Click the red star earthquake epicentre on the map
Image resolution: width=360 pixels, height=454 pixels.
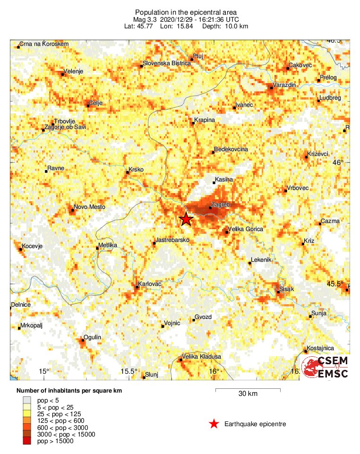point(186,219)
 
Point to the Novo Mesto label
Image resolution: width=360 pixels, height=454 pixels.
point(90,207)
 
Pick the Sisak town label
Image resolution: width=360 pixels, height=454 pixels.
point(287,288)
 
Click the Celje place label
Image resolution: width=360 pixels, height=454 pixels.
point(96,103)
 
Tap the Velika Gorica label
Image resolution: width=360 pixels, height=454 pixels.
point(246,229)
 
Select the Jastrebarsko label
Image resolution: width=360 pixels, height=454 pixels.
point(173,240)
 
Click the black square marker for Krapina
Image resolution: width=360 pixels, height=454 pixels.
point(194,123)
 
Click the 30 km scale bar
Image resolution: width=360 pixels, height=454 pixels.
point(248,390)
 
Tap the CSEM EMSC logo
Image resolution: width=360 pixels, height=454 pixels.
point(326,368)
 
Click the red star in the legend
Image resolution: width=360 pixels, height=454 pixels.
point(214,424)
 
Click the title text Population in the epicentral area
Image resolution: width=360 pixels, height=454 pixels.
point(179,12)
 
